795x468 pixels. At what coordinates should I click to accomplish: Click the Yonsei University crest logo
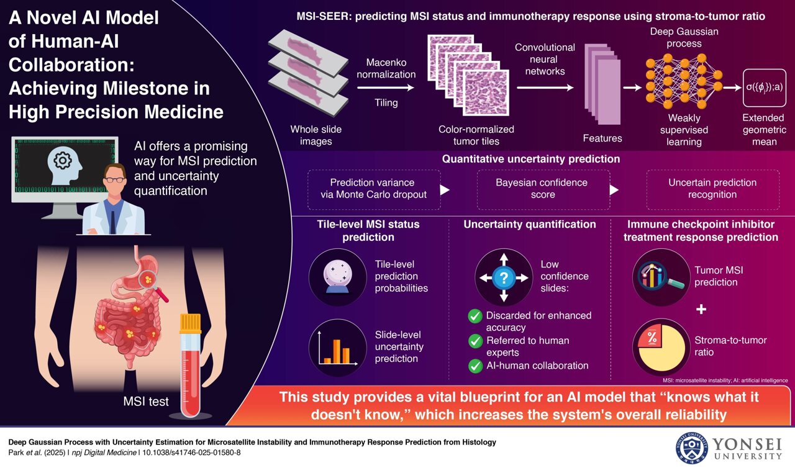pyautogui.click(x=691, y=448)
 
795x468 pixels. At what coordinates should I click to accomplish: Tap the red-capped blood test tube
pyautogui.click(x=191, y=366)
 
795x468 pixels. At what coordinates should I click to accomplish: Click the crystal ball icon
pyautogui.click(x=338, y=276)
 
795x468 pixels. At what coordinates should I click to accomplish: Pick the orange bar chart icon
pyautogui.click(x=338, y=347)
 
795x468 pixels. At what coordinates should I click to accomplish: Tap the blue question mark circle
pyautogui.click(x=504, y=277)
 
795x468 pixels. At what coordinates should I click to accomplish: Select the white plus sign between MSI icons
pyautogui.click(x=701, y=309)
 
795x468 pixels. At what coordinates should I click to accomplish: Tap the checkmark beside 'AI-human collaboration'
pyautogui.click(x=475, y=366)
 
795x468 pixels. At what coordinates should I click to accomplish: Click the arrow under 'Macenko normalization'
pyautogui.click(x=386, y=88)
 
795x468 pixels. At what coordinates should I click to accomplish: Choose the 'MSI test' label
pyautogui.click(x=145, y=402)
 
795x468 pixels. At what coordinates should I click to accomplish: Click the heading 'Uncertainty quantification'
pyautogui.click(x=530, y=225)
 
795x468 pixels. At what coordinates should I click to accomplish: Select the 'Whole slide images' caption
pyautogui.click(x=316, y=135)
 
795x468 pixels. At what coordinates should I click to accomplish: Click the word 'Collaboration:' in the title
pyautogui.click(x=58, y=65)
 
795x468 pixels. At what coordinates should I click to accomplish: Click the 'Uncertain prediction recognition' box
pyautogui.click(x=712, y=189)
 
